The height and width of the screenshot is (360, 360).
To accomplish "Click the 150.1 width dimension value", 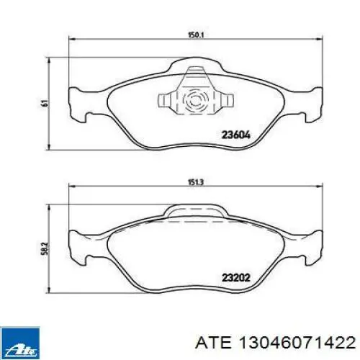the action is point(195,35).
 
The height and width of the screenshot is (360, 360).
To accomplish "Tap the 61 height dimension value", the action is point(45,103).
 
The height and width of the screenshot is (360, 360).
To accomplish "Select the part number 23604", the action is point(236,135).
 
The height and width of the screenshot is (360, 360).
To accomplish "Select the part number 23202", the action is point(236,278).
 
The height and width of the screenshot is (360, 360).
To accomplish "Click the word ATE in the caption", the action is point(213,343).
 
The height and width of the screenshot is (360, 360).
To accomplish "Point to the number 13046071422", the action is point(296,343).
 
